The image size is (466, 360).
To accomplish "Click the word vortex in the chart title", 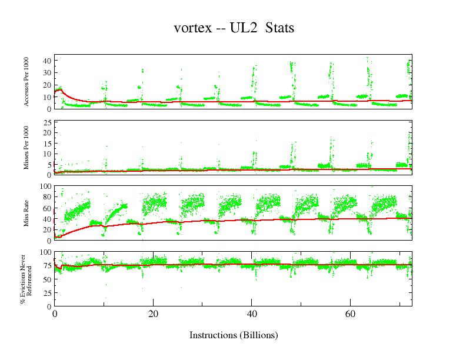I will coord(193,28).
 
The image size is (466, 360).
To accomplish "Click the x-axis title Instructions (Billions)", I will coord(233,335).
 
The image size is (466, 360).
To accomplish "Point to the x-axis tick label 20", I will coord(153,314).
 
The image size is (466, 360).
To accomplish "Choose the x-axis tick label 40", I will coord(252,314).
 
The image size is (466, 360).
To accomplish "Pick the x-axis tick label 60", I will coord(350,314).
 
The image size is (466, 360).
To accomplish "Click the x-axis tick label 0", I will coord(54,314).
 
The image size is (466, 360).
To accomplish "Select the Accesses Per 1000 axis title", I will coord(26,82).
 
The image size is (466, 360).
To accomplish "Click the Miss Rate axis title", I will coord(26,213).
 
